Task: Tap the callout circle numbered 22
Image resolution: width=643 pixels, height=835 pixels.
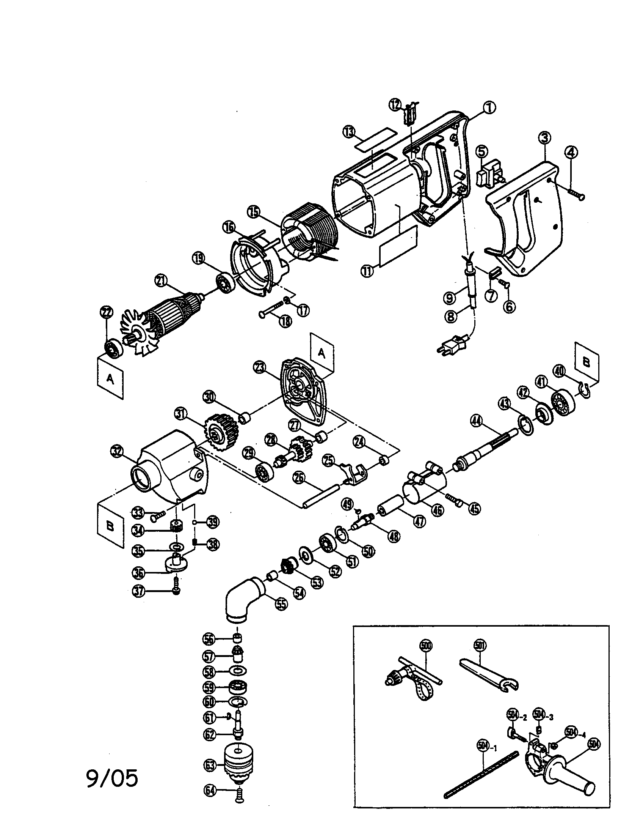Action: coord(106,312)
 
